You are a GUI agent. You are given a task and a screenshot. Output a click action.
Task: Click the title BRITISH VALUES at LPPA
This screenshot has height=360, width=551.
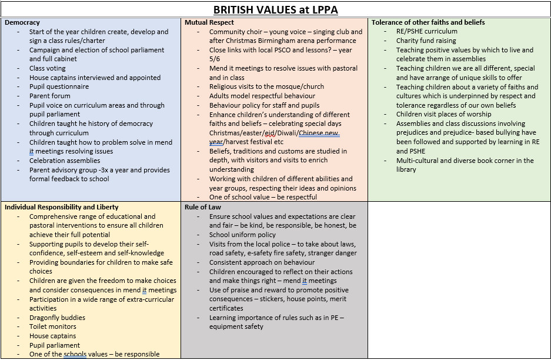(x=275, y=9)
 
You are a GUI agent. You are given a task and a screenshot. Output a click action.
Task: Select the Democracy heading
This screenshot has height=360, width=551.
(x=22, y=22)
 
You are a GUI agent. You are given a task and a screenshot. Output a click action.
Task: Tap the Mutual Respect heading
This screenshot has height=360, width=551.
(x=209, y=22)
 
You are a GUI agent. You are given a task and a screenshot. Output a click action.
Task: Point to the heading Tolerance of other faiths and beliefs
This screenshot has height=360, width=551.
(x=428, y=22)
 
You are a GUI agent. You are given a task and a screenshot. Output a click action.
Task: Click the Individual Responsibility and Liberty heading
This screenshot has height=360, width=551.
(x=61, y=207)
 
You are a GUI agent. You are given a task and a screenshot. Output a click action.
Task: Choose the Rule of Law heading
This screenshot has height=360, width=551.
(x=203, y=207)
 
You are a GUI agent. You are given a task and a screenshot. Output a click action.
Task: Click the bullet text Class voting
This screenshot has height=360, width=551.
(x=48, y=68)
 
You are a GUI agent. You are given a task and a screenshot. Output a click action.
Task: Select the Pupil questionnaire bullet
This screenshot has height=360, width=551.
(x=59, y=86)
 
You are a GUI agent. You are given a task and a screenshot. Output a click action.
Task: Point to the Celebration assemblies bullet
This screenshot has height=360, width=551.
(x=65, y=161)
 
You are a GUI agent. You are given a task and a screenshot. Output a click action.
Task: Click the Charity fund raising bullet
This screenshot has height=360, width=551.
(x=426, y=41)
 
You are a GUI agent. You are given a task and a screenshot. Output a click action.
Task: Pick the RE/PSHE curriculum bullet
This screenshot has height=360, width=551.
(x=426, y=31)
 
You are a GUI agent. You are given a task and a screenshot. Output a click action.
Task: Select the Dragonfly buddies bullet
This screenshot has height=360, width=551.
(x=57, y=318)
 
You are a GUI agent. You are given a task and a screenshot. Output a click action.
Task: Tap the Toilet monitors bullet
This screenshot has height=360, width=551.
(x=53, y=326)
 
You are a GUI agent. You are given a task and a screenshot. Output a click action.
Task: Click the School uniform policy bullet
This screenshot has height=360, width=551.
(x=242, y=235)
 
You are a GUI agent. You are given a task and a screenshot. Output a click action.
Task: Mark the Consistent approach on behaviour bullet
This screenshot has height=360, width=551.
(x=262, y=262)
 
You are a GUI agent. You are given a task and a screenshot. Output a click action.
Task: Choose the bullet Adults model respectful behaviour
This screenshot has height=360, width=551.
(x=262, y=96)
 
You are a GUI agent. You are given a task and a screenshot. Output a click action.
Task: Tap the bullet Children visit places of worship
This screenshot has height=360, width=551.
(x=444, y=114)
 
